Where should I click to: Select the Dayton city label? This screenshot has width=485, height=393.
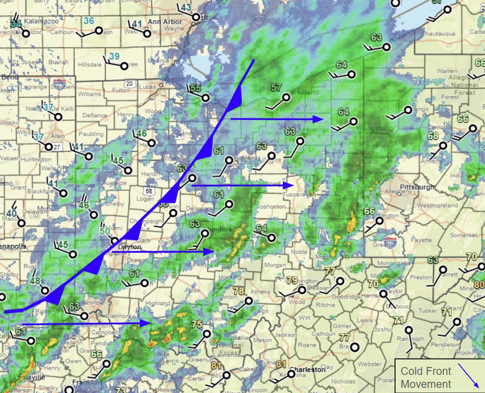129,248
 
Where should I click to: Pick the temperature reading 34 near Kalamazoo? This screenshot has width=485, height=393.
16,23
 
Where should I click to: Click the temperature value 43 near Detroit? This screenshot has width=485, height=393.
186,7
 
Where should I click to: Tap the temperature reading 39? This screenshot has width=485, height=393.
114,57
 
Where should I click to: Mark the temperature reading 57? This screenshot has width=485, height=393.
276,87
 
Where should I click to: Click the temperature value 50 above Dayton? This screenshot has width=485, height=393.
105,231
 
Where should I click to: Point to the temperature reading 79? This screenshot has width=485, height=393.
292,281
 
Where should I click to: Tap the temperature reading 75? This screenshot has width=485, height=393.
197,324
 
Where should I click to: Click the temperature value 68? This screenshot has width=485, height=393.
433,136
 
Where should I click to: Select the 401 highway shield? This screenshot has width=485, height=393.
258,20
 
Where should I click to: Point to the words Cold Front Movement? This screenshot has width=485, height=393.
426,377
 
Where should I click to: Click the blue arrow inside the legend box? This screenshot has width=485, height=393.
469,375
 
